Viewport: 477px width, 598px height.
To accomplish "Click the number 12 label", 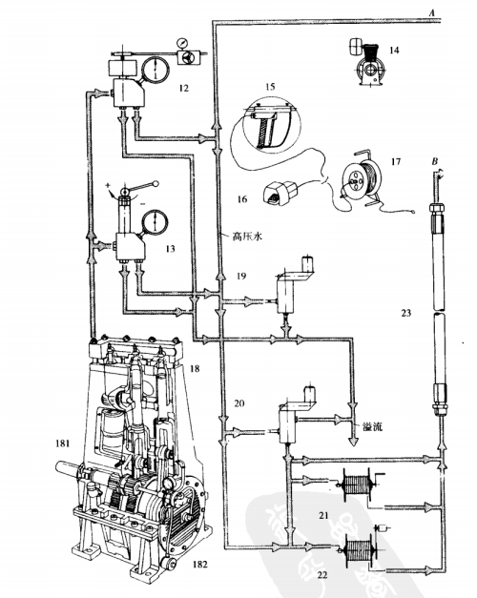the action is click(183, 88).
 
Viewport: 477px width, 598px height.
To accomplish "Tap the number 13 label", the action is click(170, 249).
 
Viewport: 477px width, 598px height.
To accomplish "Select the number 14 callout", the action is click(394, 50).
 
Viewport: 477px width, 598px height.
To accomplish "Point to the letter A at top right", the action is click(431, 13).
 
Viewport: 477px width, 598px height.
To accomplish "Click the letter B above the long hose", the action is click(435, 162).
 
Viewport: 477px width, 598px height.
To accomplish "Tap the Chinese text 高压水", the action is click(247, 237).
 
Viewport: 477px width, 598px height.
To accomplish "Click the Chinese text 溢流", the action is click(372, 426).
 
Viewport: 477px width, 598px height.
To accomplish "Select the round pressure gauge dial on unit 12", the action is click(156, 70).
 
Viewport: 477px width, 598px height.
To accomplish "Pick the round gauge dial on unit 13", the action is click(155, 222).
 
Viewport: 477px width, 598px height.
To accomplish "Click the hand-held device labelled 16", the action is click(281, 193).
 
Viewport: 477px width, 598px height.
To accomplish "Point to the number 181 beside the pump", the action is click(62, 443).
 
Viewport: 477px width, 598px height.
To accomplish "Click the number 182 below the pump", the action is click(199, 564).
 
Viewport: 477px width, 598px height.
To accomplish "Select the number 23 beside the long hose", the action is click(406, 313).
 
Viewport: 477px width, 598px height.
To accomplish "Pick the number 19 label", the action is click(240, 276).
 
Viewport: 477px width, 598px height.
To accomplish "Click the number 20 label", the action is click(238, 403).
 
